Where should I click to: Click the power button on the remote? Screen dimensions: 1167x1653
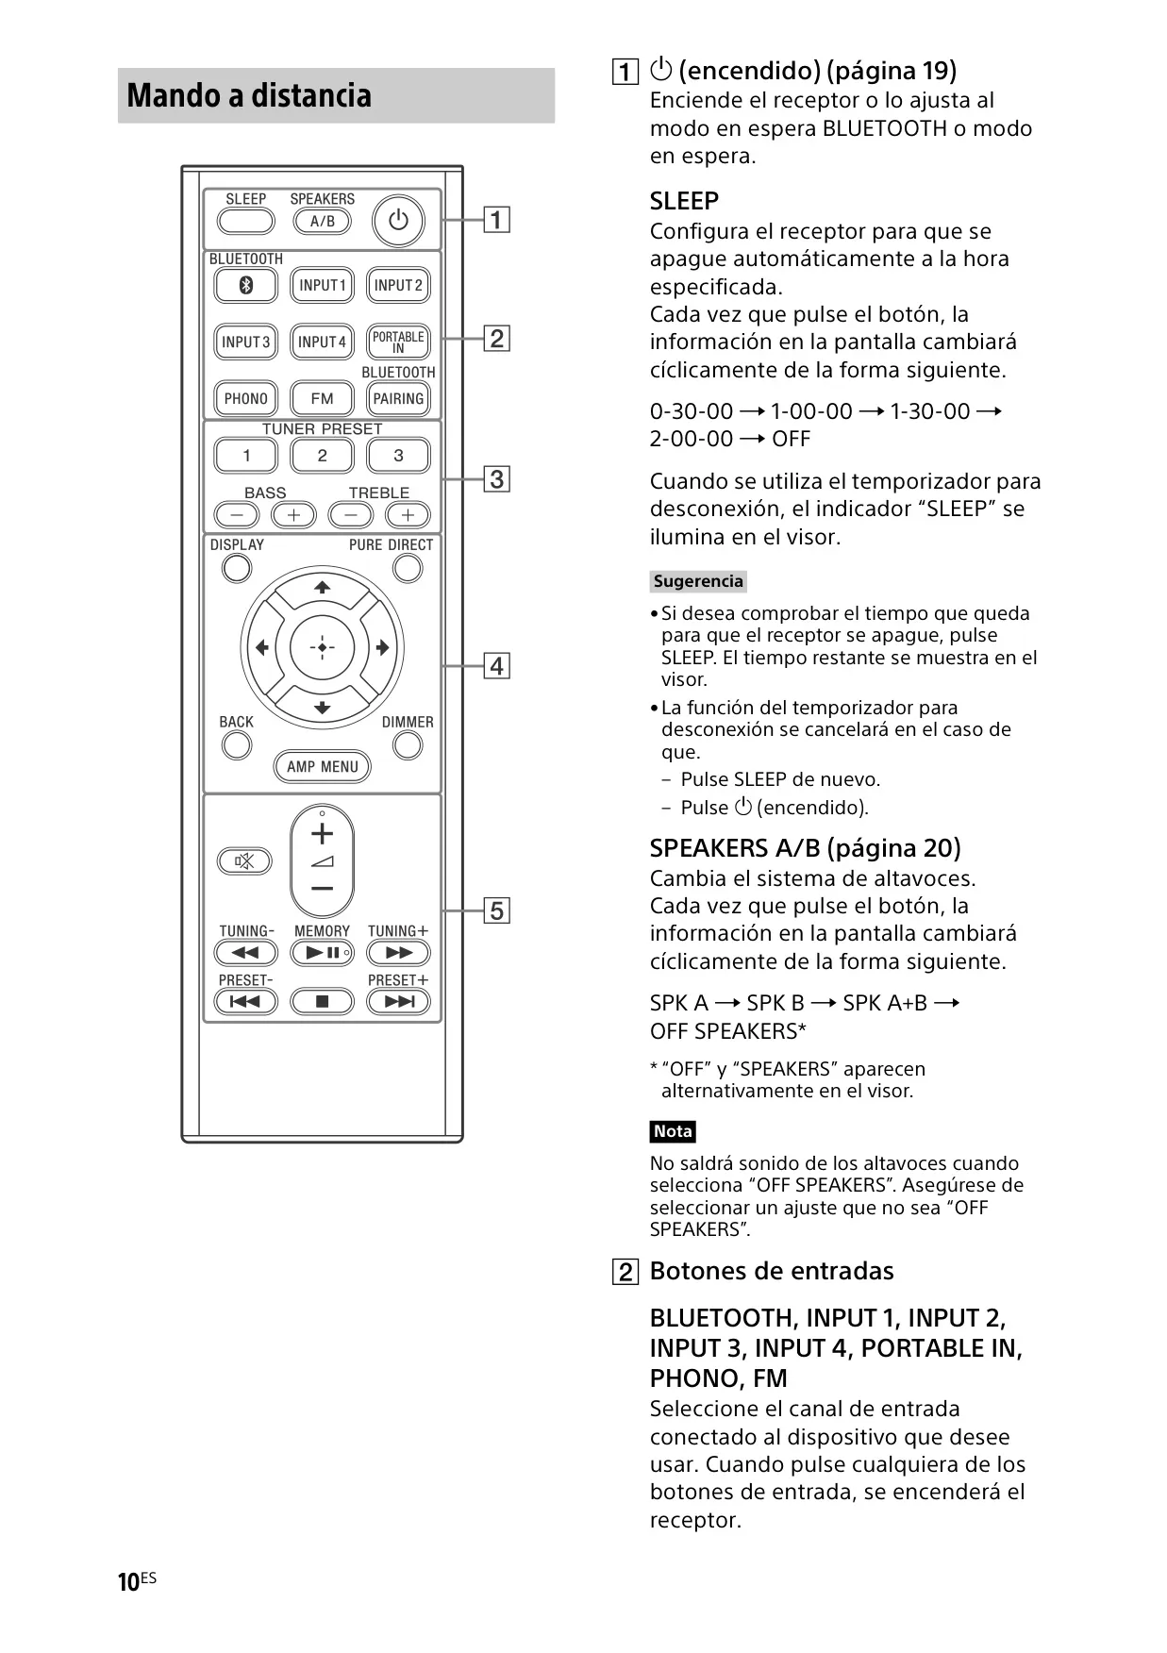point(398,221)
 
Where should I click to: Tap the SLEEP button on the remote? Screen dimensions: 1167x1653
point(246,222)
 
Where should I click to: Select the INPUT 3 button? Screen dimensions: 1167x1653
point(246,342)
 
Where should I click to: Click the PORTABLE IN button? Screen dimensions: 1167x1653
point(398,342)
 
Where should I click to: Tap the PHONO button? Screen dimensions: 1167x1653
point(246,398)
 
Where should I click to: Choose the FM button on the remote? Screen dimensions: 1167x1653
point(322,398)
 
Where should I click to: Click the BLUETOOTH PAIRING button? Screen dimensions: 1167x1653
point(398,398)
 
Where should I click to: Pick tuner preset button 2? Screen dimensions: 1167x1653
point(322,456)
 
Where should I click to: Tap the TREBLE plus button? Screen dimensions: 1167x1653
point(408,515)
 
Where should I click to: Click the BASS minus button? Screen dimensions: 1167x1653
point(237,515)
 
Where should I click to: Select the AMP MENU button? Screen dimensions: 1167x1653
point(322,766)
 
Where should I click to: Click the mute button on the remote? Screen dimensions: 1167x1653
point(244,861)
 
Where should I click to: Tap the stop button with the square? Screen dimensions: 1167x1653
point(322,1001)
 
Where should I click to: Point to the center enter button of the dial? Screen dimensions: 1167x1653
point(322,648)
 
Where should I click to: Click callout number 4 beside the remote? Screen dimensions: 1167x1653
point(496,666)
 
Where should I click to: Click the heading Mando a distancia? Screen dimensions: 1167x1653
point(249,95)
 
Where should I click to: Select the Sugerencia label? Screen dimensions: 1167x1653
point(698,581)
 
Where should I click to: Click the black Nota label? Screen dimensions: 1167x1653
point(673,1131)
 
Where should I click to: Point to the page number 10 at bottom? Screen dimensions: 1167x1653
point(128,1582)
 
